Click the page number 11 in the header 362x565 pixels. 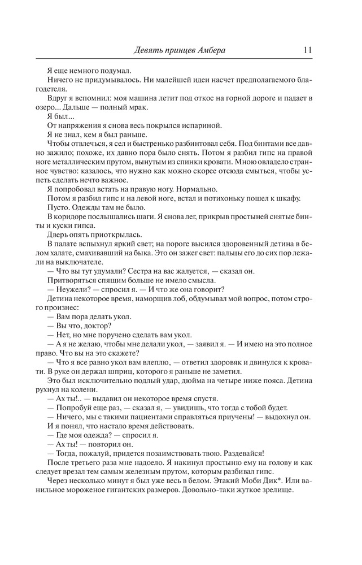(308, 50)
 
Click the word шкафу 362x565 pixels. (304, 198)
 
